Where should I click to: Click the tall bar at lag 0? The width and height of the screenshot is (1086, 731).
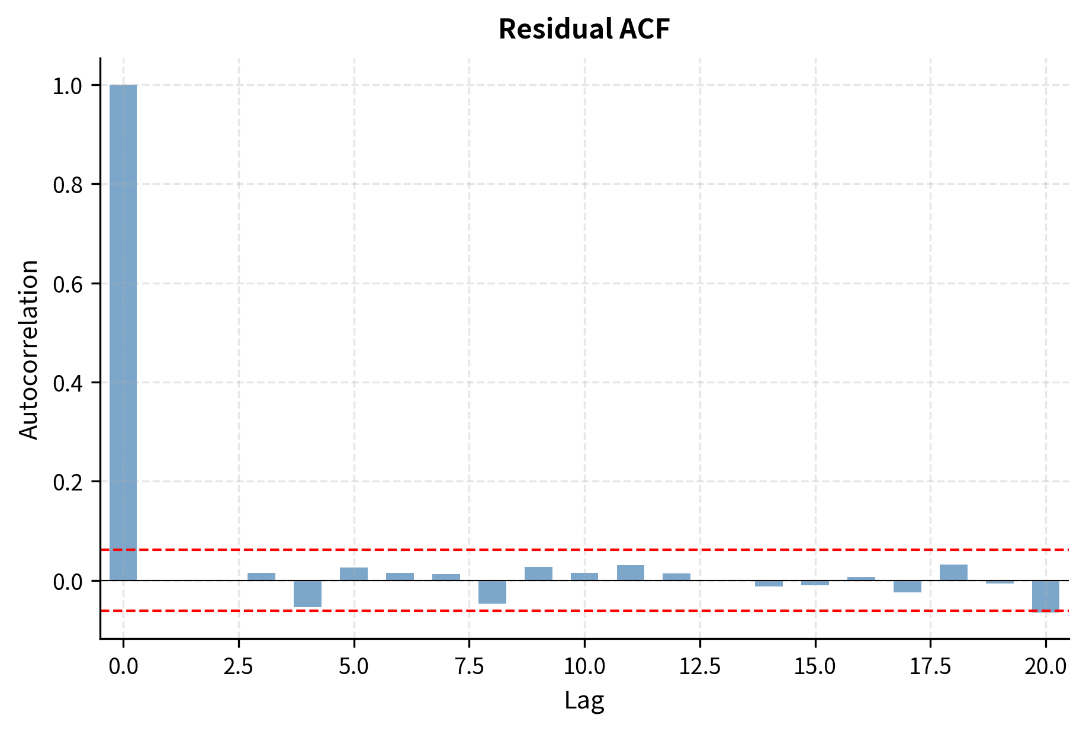tap(123, 332)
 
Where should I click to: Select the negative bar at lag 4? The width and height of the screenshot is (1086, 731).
tap(307, 594)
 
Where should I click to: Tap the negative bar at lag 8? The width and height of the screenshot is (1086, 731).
tap(492, 592)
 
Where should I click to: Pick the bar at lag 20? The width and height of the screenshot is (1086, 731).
tap(1045, 595)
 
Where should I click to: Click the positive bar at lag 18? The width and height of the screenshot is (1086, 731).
tap(953, 573)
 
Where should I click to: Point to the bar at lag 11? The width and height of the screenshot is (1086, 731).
tap(631, 573)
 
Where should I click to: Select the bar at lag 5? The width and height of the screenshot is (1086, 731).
tap(354, 574)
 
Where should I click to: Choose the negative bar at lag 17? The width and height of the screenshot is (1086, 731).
tap(907, 586)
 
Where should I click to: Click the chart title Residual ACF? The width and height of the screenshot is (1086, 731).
tap(584, 29)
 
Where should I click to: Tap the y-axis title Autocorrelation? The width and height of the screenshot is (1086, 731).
tap(28, 350)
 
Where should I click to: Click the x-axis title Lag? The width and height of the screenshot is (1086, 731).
tap(584, 700)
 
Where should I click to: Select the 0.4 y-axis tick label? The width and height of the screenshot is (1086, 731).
tap(68, 383)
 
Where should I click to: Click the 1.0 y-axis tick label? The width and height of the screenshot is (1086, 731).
tap(68, 86)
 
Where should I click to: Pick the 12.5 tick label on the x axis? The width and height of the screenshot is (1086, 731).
tap(699, 667)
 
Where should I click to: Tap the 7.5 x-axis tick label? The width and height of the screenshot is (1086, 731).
tap(469, 667)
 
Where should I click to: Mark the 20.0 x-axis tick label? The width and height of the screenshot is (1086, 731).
tap(1046, 667)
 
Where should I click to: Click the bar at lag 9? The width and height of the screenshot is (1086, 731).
tap(538, 574)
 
